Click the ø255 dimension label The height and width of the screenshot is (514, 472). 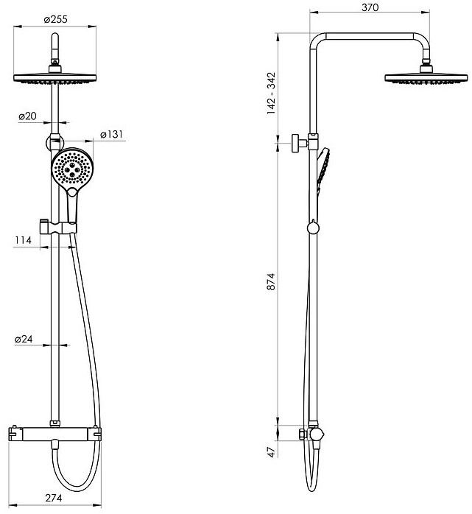coord(55,20)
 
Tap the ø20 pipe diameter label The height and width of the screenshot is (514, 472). coord(27,116)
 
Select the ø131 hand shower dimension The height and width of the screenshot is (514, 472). coord(111,135)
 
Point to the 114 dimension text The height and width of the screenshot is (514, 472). coord(24,240)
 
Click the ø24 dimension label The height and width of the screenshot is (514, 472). coord(24,339)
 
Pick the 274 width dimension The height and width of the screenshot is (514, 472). coord(54,498)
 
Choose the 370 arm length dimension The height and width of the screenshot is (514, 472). coord(370,7)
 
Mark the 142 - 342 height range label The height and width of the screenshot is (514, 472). coord(272,94)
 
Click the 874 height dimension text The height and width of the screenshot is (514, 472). coord(272,281)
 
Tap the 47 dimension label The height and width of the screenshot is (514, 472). coord(272,452)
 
